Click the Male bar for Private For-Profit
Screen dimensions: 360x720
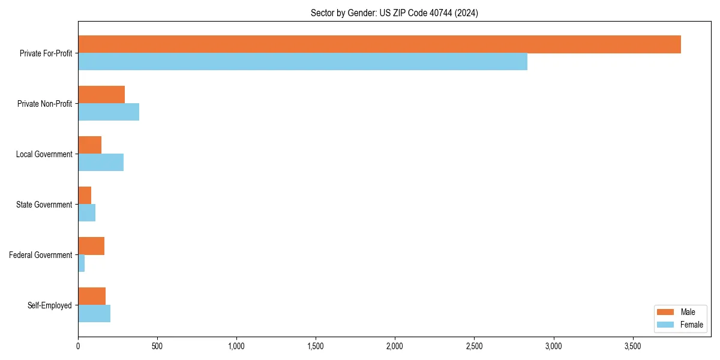coord(379,44)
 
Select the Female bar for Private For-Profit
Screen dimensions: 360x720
coord(302,62)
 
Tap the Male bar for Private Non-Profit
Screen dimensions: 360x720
coord(101,95)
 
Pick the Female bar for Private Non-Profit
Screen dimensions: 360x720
coord(109,112)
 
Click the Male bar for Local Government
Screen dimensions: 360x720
coord(89,145)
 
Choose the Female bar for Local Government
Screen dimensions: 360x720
coord(101,163)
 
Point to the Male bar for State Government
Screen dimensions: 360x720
coord(85,196)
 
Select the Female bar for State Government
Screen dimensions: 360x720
coord(86,213)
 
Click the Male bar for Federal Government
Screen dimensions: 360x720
coord(91,246)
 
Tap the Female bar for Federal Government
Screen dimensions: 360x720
coord(82,263)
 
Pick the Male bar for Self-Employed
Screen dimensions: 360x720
coord(92,296)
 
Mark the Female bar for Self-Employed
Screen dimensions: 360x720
coord(94,314)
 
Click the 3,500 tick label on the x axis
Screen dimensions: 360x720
coord(632,346)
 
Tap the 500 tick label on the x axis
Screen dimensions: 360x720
coord(157,346)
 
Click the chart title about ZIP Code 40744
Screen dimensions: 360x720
coord(394,13)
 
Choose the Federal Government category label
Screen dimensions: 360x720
coord(41,255)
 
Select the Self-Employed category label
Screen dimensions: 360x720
coord(50,305)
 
